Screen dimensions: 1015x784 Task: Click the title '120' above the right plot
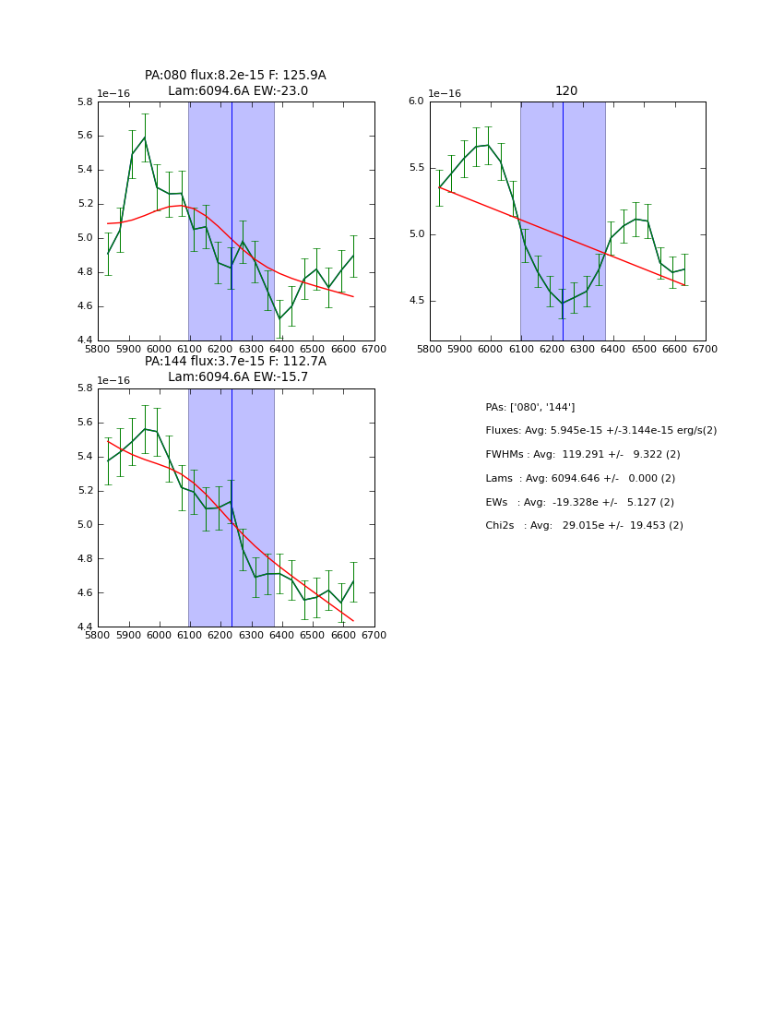[566, 91]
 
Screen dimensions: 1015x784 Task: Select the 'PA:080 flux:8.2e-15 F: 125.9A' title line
[235, 76]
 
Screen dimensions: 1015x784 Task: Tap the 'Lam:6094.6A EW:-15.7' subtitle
[238, 377]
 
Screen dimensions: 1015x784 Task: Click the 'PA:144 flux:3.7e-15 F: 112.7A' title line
[235, 362]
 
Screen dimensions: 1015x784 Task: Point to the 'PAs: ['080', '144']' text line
[529, 407]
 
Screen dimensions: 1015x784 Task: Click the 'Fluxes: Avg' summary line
[600, 431]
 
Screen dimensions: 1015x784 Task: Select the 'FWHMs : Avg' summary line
[582, 455]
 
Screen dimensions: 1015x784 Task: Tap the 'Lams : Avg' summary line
[580, 479]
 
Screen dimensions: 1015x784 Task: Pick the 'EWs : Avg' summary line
[579, 502]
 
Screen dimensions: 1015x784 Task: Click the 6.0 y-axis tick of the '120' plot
[415, 101]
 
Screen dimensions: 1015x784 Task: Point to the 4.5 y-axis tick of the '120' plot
[415, 301]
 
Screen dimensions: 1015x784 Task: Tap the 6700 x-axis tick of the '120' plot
[706, 350]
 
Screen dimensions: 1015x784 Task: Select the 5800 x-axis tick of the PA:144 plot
[98, 636]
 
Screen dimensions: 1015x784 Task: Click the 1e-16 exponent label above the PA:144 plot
[113, 380]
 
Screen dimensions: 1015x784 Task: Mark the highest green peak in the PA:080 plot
[144, 137]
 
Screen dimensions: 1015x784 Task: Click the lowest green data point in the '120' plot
[562, 304]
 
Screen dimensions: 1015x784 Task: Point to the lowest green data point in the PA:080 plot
[279, 318]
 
